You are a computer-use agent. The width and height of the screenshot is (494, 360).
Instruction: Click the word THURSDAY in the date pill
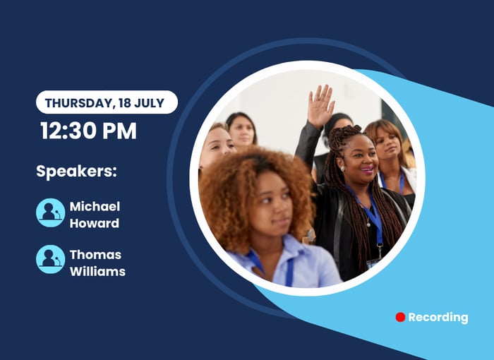click(x=78, y=103)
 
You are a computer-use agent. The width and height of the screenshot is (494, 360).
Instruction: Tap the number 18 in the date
click(x=124, y=103)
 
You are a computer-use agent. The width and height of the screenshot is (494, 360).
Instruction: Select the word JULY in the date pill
click(x=150, y=103)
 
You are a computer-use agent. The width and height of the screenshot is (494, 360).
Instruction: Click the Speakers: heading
click(x=76, y=172)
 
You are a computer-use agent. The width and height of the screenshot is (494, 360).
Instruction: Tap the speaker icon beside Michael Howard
click(x=50, y=212)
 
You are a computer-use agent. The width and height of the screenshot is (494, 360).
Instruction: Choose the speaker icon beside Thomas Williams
click(x=50, y=260)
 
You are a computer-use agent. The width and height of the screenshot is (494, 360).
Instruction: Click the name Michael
click(x=95, y=207)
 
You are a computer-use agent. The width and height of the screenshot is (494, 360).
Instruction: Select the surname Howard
click(x=94, y=223)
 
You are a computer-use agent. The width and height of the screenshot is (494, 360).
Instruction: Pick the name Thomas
click(x=95, y=255)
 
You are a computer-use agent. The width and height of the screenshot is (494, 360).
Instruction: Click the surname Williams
click(x=97, y=272)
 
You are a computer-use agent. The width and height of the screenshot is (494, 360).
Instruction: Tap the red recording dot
click(x=400, y=317)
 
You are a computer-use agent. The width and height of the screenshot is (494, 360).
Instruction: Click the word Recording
click(x=438, y=318)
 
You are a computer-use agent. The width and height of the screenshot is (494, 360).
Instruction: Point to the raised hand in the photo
click(x=320, y=106)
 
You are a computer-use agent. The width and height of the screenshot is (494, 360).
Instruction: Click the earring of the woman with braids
click(x=342, y=168)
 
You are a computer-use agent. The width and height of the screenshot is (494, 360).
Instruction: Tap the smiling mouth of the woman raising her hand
click(x=367, y=169)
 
